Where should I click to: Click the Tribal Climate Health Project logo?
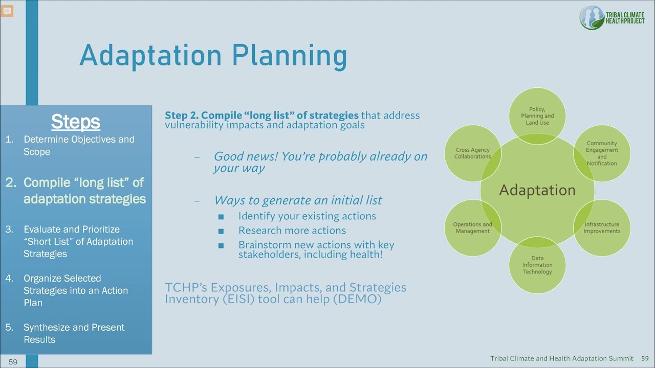pyautogui.click(x=612, y=18)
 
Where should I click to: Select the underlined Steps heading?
pyautogui.click(x=76, y=122)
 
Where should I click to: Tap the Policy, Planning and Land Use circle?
pyautogui.click(x=537, y=116)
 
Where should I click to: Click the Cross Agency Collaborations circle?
pyautogui.click(x=472, y=153)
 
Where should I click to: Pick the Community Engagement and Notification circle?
pyautogui.click(x=602, y=153)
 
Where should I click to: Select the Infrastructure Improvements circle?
pyautogui.click(x=602, y=227)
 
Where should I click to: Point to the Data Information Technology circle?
pyautogui.click(x=537, y=265)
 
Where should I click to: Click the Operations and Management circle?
pyautogui.click(x=472, y=227)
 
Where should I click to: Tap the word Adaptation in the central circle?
pyautogui.click(x=537, y=190)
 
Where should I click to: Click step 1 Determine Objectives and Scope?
pyautogui.click(x=78, y=145)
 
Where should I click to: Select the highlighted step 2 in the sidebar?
pyautogui.click(x=84, y=191)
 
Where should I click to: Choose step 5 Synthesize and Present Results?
pyautogui.click(x=74, y=333)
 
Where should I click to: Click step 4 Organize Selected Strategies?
pyautogui.click(x=75, y=290)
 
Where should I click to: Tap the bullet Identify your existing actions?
pyautogui.click(x=307, y=216)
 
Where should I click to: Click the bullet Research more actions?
pyautogui.click(x=292, y=231)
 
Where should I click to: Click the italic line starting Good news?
pyautogui.click(x=320, y=162)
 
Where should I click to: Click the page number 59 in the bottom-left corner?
pyautogui.click(x=13, y=362)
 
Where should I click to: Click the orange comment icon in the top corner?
pyautogui.click(x=7, y=11)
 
